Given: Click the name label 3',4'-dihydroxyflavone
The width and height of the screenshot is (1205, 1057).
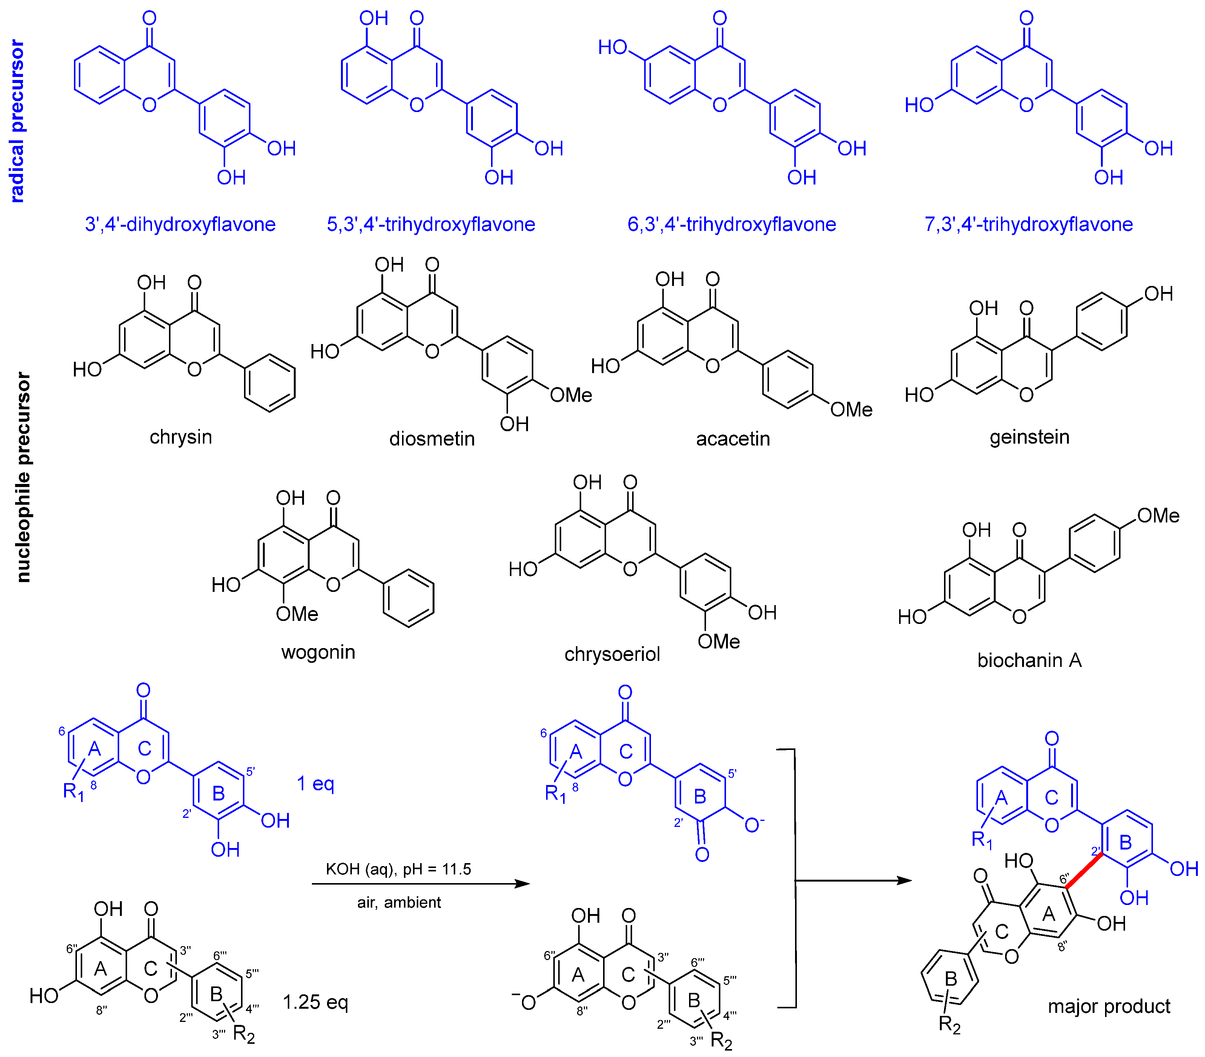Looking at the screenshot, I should coord(180,224).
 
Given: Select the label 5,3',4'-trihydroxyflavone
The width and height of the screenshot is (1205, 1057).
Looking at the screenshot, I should coord(431,224).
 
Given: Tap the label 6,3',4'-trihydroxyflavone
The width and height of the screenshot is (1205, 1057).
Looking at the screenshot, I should coord(732,224).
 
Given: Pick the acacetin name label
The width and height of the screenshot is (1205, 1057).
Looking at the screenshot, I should coord(733,439).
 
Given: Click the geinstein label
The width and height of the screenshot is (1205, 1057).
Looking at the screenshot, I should coord(1029,438).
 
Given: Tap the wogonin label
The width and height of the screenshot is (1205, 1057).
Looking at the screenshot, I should coord(318,653).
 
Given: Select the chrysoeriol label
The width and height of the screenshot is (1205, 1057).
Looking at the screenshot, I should coord(612,654).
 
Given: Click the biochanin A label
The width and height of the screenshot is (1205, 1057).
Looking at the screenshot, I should coord(1029,660).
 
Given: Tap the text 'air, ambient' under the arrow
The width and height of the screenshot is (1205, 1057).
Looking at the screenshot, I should coord(399,903).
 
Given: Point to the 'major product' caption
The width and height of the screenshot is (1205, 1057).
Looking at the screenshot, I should coord(1108,1006).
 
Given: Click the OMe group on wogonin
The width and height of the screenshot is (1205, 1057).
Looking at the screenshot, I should coord(297,614).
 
